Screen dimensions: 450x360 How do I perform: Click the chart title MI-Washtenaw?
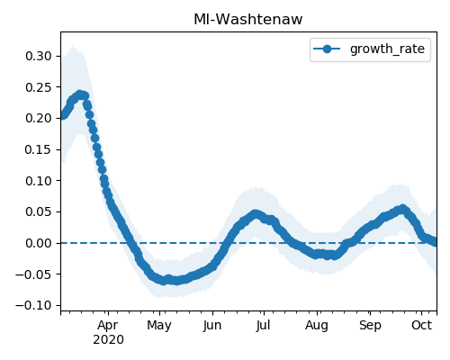click(x=248, y=20)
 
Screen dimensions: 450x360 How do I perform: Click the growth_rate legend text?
click(x=387, y=49)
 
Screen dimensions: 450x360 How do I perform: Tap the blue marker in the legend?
click(x=327, y=49)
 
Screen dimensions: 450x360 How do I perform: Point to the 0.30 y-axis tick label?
click(x=39, y=56)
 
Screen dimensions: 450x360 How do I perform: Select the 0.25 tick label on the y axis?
click(x=39, y=87)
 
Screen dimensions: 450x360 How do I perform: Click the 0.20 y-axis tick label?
click(x=39, y=118)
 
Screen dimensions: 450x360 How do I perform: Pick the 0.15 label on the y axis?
click(x=39, y=149)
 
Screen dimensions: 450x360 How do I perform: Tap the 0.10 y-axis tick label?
click(x=39, y=181)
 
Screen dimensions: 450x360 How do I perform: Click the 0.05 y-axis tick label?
click(x=39, y=211)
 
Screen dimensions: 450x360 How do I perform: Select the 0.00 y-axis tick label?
click(x=39, y=243)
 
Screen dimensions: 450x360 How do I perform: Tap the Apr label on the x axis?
click(x=108, y=326)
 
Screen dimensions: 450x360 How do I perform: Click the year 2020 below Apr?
click(x=108, y=340)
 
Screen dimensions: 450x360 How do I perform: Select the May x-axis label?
click(x=159, y=326)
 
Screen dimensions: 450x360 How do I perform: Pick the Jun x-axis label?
click(x=212, y=326)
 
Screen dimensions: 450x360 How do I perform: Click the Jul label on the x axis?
click(x=264, y=326)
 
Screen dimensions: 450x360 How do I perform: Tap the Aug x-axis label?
click(x=317, y=326)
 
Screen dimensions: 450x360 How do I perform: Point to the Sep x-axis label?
click(x=370, y=326)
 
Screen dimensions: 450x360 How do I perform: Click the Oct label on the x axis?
click(x=422, y=325)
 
